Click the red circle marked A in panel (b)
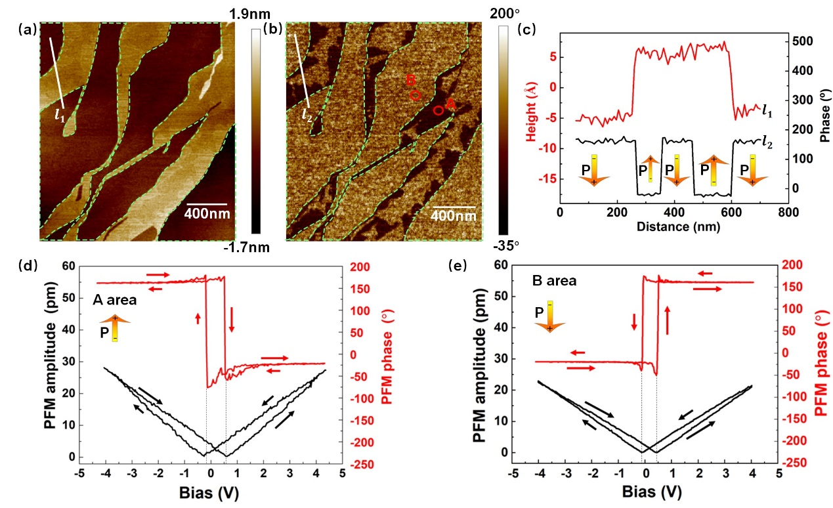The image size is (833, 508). tap(438, 110)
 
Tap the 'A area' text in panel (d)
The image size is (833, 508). tap(114, 301)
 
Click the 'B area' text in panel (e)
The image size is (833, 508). tap(554, 281)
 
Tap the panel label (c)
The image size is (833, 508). tap(526, 29)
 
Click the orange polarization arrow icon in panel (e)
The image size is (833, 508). tap(549, 317)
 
